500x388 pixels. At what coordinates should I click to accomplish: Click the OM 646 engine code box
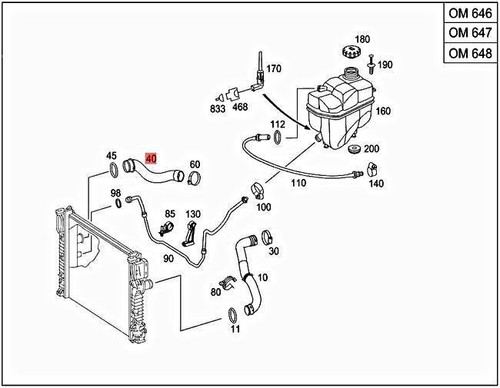(470, 13)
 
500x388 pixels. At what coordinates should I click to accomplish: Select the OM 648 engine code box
(470, 53)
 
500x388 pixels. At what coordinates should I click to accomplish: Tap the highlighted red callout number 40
(151, 159)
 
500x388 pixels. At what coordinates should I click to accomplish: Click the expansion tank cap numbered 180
(352, 52)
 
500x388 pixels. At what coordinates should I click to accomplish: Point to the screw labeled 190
(371, 64)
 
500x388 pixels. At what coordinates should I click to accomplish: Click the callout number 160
(383, 111)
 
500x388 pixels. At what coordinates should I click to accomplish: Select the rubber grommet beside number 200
(354, 149)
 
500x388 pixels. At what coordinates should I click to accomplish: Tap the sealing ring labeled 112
(277, 138)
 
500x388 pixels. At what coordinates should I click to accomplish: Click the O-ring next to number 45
(113, 170)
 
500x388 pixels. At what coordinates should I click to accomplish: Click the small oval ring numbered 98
(118, 203)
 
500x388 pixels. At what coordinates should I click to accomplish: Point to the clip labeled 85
(166, 228)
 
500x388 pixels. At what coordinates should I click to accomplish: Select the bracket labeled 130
(189, 234)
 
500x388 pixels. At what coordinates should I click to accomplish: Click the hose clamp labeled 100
(257, 191)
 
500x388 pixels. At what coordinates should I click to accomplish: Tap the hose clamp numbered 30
(267, 237)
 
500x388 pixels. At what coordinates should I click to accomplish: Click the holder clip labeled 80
(228, 282)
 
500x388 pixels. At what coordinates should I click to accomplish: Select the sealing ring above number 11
(232, 315)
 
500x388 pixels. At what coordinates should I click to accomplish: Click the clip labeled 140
(371, 169)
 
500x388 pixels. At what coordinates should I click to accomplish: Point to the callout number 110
(298, 183)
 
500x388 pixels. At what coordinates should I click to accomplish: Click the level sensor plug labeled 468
(234, 95)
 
